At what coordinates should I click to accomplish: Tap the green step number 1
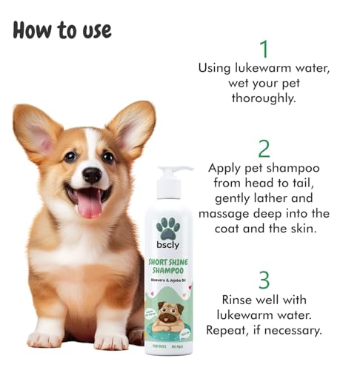(x=263, y=49)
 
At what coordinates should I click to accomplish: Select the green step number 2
(x=264, y=149)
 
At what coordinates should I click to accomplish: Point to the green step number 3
(x=264, y=282)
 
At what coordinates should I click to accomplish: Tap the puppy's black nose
(x=92, y=175)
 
